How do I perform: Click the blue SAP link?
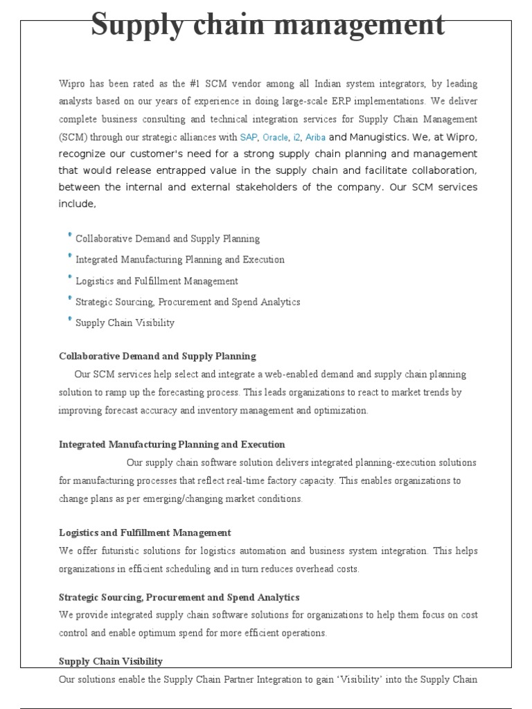coord(248,137)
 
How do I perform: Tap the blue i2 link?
coord(297,137)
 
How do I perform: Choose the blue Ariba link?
coord(315,137)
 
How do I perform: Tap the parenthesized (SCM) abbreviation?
coord(73,137)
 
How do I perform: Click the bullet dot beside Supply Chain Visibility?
coord(70,320)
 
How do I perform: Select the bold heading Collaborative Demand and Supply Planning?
coord(157,356)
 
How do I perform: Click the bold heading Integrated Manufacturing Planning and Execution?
coord(172,445)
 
